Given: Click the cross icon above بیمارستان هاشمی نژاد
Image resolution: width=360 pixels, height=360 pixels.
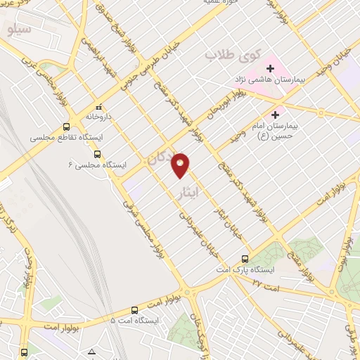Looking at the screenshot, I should pyautogui.click(x=271, y=68).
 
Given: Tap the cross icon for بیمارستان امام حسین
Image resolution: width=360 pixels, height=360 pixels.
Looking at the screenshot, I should pyautogui.click(x=275, y=114).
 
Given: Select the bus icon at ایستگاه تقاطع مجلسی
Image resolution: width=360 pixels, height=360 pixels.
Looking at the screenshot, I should pyautogui.click(x=66, y=127).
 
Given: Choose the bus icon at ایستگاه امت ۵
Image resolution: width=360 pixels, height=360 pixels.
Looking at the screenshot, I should pyautogui.click(x=134, y=309).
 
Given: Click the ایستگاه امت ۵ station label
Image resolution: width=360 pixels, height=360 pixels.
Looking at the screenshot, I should pyautogui.click(x=135, y=320).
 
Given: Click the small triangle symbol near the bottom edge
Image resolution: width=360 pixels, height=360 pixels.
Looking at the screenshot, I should pyautogui.click(x=91, y=351).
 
